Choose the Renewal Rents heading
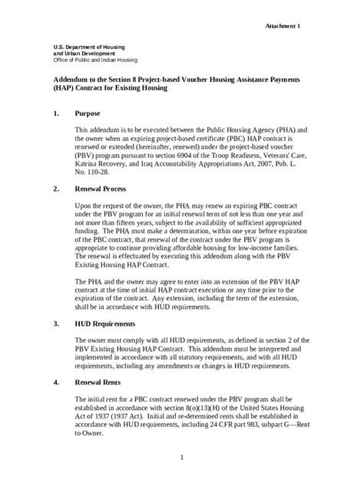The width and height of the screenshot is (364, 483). click(101, 381)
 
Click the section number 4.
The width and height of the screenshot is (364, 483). click(56, 381)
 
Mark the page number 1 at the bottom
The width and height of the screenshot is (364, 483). click(182, 458)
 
